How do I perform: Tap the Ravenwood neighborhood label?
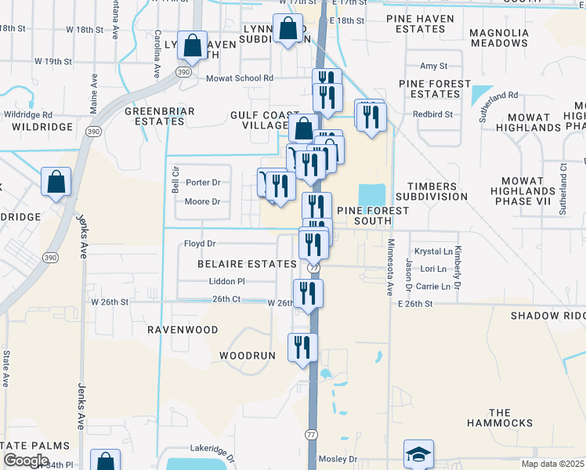(183, 330)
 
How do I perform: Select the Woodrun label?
(248, 356)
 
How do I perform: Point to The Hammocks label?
(499, 418)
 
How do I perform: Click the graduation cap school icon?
(418, 454)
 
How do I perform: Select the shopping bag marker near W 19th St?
(192, 46)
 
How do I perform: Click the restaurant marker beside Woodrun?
(302, 347)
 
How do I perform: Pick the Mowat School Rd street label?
(239, 78)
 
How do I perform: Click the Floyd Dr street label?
(199, 244)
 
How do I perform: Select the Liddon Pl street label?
(226, 280)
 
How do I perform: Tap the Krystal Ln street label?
(433, 251)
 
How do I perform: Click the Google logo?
(26, 461)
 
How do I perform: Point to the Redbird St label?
(432, 114)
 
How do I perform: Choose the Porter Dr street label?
(202, 183)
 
